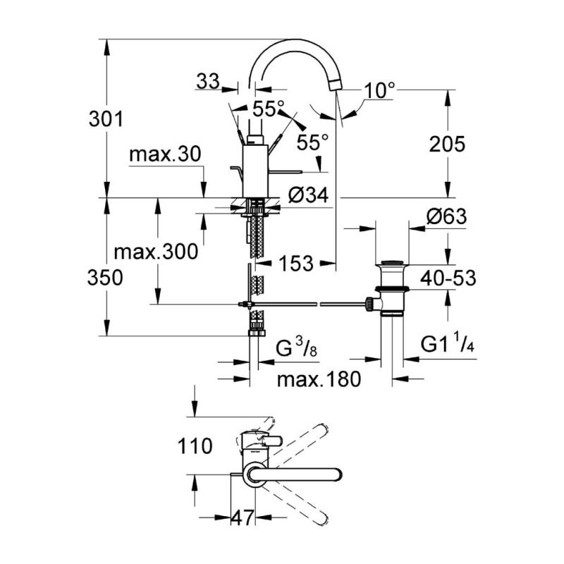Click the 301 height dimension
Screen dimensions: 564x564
tap(106, 118)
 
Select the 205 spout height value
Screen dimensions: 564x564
tap(447, 145)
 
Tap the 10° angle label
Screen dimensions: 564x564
tap(379, 90)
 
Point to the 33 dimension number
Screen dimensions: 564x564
tap(208, 81)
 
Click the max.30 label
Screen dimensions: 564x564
tap(165, 154)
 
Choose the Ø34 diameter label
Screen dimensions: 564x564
tap(309, 195)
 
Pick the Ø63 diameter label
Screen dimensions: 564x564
tap(447, 216)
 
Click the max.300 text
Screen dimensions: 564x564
tap(156, 252)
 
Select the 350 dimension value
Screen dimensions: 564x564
tap(105, 278)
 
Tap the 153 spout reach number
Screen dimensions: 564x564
tap(296, 263)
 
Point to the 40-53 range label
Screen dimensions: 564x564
tap(448, 278)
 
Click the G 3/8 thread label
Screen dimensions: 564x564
tap(297, 348)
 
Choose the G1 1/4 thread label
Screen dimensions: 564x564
tap(448, 345)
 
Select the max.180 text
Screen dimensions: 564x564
tap(319, 379)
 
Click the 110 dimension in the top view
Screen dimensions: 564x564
tap(195, 446)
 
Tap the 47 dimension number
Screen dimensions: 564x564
tap(243, 517)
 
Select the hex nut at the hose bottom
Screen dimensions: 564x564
tap(257, 333)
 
